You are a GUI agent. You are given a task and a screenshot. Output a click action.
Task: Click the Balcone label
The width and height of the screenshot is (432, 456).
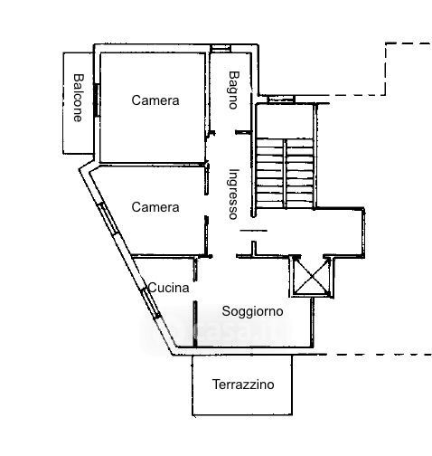click(78, 98)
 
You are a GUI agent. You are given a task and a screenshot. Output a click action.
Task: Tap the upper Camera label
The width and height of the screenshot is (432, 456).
click(155, 100)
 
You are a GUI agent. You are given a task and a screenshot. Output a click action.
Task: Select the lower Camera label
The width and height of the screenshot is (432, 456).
click(155, 207)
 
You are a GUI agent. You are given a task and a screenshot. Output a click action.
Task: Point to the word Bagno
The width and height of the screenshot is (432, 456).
click(233, 90)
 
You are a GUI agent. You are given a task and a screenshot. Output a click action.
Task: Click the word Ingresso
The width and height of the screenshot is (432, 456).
click(233, 194)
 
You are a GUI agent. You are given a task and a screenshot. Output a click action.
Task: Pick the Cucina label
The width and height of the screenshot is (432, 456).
click(169, 288)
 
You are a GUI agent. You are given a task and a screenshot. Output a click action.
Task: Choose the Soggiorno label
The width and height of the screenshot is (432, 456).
click(252, 311)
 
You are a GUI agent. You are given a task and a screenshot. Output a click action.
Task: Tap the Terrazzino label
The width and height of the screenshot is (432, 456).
click(243, 385)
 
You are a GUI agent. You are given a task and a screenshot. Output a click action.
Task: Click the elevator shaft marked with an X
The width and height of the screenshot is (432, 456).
click(312, 276)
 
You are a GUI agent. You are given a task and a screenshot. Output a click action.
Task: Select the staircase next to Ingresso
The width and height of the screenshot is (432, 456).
click(285, 174)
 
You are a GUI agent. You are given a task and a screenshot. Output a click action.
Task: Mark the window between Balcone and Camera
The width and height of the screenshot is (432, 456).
click(96, 100)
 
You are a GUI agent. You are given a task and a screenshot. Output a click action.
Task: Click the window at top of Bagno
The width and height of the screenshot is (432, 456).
click(221, 48)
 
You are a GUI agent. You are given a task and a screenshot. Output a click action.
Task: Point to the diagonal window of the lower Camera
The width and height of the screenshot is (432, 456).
click(108, 218)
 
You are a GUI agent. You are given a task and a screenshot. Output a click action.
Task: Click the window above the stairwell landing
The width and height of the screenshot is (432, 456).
click(281, 99)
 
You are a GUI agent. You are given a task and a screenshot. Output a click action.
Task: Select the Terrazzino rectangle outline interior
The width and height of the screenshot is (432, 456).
click(242, 385)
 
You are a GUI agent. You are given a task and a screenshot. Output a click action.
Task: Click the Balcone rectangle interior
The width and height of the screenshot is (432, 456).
click(78, 103)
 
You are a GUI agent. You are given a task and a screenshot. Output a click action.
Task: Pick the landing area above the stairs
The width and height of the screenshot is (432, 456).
click(285, 121)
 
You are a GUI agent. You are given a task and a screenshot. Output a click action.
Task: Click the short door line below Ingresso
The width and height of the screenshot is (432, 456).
click(253, 231)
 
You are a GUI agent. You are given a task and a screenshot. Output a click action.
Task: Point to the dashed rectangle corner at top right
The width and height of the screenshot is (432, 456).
click(386, 43)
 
